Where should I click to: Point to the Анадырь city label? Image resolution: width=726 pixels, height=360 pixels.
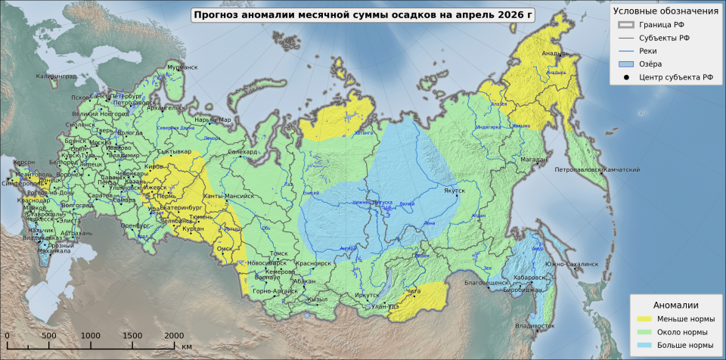[x=554, y=54]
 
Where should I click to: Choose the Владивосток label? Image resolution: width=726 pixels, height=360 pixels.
[x=534, y=326]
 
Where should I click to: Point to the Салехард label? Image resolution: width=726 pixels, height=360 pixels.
[x=243, y=152]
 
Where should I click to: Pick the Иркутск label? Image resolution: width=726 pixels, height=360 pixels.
[x=366, y=296]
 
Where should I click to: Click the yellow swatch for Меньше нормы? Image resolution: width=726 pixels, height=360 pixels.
[x=644, y=318]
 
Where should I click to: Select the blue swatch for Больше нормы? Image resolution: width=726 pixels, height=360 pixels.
[x=644, y=345]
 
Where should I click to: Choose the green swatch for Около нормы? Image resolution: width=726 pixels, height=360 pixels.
[x=644, y=332]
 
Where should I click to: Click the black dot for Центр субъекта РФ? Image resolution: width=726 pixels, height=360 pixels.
[x=626, y=77]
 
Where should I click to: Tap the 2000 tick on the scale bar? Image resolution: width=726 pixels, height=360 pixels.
[x=174, y=335]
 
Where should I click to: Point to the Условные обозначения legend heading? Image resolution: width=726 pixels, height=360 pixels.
[x=665, y=11]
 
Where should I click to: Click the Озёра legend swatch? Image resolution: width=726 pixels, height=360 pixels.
[x=626, y=64]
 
